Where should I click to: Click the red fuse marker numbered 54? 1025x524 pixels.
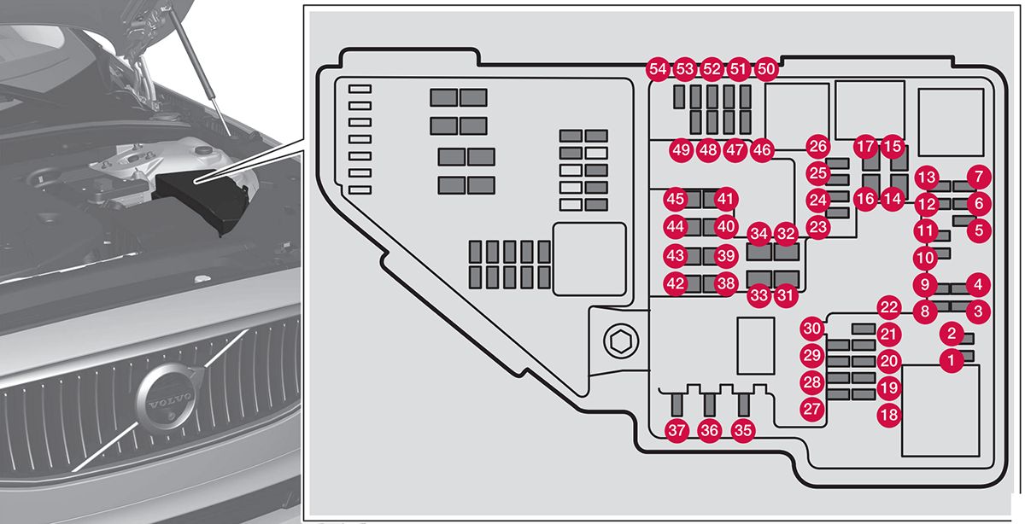tap(657, 69)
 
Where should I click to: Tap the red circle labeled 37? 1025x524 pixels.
tap(677, 431)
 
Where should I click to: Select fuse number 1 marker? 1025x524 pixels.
tap(950, 361)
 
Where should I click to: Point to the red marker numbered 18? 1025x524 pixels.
tap(889, 415)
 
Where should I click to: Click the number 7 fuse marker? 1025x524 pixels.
tap(979, 178)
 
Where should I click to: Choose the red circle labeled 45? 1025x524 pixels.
tap(676, 199)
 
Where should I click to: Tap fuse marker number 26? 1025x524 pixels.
tap(818, 146)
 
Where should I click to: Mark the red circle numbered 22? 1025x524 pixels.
tap(889, 308)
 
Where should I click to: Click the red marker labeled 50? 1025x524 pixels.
tap(767, 69)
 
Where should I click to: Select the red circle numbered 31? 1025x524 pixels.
tap(785, 295)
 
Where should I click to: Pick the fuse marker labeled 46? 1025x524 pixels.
tap(763, 150)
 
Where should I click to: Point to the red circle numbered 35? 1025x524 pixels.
tap(743, 431)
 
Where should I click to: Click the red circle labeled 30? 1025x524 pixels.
tap(812, 329)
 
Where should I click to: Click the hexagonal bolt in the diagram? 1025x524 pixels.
tap(618, 342)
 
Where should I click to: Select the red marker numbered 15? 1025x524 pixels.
tap(893, 146)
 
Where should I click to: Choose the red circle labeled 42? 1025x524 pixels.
tap(676, 284)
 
